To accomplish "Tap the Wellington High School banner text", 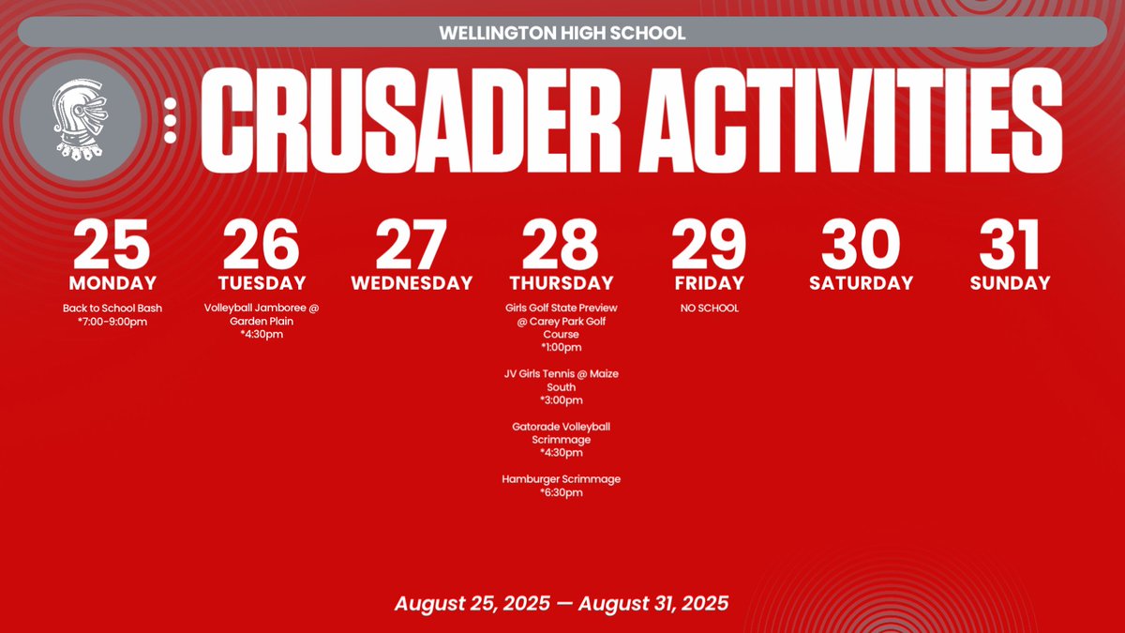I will [562, 33].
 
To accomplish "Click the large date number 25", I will [112, 245].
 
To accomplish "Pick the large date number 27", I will [412, 245].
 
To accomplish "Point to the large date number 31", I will [1010, 245].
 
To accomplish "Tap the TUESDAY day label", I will [262, 283].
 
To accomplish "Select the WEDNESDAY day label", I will [412, 283].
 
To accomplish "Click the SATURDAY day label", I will [861, 283].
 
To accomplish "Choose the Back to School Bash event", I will [112, 308].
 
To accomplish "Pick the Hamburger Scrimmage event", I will [562, 479].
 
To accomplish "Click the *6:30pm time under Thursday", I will [562, 492].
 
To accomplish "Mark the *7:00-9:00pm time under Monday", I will [112, 322].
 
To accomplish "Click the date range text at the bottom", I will [562, 602].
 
